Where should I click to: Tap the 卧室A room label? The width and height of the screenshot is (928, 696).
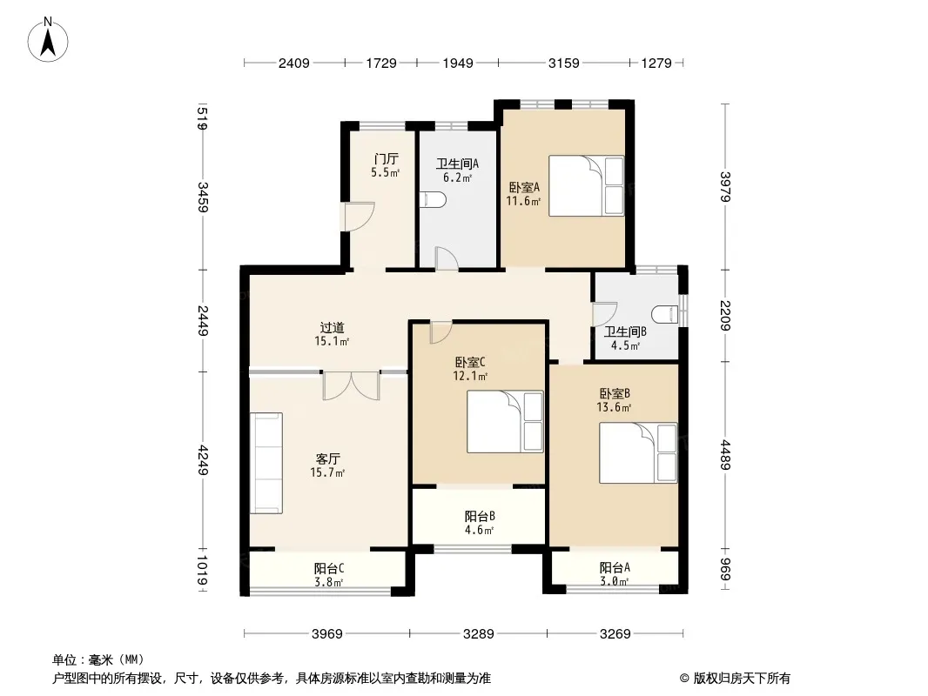point(524,187)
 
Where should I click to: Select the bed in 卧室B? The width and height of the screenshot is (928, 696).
point(638,453)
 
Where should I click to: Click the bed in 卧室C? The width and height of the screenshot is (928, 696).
point(505,422)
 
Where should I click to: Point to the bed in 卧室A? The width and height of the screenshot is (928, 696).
point(586,185)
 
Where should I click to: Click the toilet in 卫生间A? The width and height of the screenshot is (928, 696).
point(432,200)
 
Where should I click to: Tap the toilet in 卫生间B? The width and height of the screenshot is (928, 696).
point(665,314)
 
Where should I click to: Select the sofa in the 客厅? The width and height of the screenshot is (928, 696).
point(266,463)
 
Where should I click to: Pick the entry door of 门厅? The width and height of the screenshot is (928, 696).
point(360,217)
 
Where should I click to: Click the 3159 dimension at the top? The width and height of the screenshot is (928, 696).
point(563,63)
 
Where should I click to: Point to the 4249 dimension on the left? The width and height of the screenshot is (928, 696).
point(203,460)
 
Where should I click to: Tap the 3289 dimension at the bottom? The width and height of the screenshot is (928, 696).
point(478,634)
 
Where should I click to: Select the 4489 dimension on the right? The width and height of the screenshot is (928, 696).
point(725,455)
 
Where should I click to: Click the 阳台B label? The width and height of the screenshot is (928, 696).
point(480,516)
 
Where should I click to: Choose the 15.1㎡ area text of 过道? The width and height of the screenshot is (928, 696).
point(332,341)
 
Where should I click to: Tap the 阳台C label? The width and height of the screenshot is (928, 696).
point(329,568)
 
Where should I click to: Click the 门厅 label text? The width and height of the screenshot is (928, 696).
point(386,159)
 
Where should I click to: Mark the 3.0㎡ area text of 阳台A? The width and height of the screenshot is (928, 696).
point(615,581)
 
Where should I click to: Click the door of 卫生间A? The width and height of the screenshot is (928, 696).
point(447,258)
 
